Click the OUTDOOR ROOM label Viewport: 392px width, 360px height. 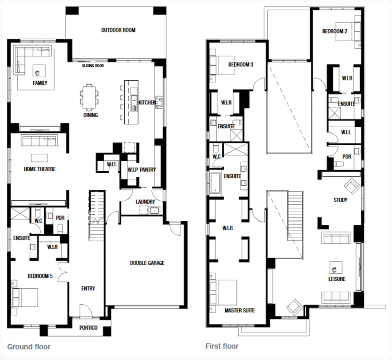click(x=118, y=30)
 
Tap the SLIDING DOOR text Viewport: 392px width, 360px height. click(x=93, y=66)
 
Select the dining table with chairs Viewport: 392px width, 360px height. click(x=89, y=97)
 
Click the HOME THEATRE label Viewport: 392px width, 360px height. click(x=40, y=169)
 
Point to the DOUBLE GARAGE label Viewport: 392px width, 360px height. click(x=147, y=263)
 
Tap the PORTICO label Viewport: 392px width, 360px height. click(x=88, y=328)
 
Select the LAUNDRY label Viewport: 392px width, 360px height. click(x=145, y=202)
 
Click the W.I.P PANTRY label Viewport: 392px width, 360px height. click(x=142, y=170)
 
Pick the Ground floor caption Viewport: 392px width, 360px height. click(x=29, y=346)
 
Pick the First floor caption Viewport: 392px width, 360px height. click(x=222, y=346)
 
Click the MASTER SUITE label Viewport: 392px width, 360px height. click(x=240, y=310)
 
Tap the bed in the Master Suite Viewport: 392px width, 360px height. click(x=223, y=292)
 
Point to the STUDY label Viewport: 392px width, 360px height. click(x=340, y=200)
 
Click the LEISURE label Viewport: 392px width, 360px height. click(x=337, y=279)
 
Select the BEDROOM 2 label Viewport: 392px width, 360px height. click(x=335, y=31)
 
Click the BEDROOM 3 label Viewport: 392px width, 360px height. click(x=241, y=64)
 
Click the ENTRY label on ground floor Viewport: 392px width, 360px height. click(x=88, y=288)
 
